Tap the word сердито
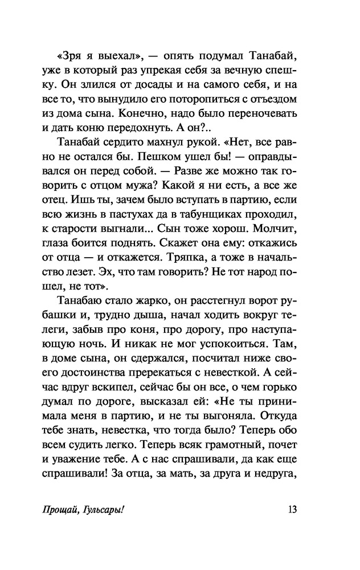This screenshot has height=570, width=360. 134,158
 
